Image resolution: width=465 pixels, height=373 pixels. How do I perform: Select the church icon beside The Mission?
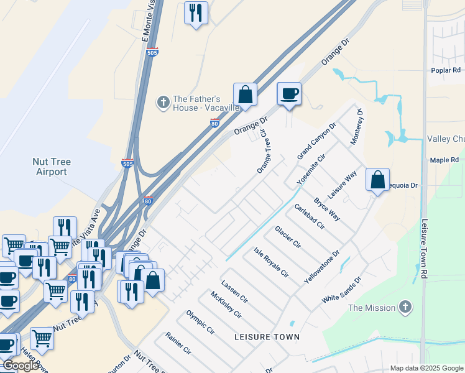click(x=405, y=307)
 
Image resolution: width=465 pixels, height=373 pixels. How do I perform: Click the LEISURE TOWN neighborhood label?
click(x=267, y=337)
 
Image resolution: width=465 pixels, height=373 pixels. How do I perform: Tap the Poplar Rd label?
click(x=446, y=70)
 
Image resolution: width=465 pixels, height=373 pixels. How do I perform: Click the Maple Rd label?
click(x=444, y=160)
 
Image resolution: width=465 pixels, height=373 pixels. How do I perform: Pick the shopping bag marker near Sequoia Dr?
click(x=377, y=180)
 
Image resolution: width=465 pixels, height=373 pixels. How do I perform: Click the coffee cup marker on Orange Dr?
click(x=289, y=94)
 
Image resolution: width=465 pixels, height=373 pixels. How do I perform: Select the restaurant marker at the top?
click(x=196, y=12)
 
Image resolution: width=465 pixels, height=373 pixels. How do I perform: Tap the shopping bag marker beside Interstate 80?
click(x=246, y=95)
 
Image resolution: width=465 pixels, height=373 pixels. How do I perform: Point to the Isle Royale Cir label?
click(x=271, y=262)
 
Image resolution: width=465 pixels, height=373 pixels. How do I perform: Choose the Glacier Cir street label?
click(x=287, y=237)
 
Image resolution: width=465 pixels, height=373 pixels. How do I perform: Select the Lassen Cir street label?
click(x=234, y=291)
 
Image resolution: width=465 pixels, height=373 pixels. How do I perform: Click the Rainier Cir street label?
click(x=178, y=343)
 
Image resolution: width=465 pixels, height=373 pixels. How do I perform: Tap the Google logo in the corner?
click(x=21, y=366)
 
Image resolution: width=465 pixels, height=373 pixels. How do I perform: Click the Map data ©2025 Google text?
click(x=426, y=368)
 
